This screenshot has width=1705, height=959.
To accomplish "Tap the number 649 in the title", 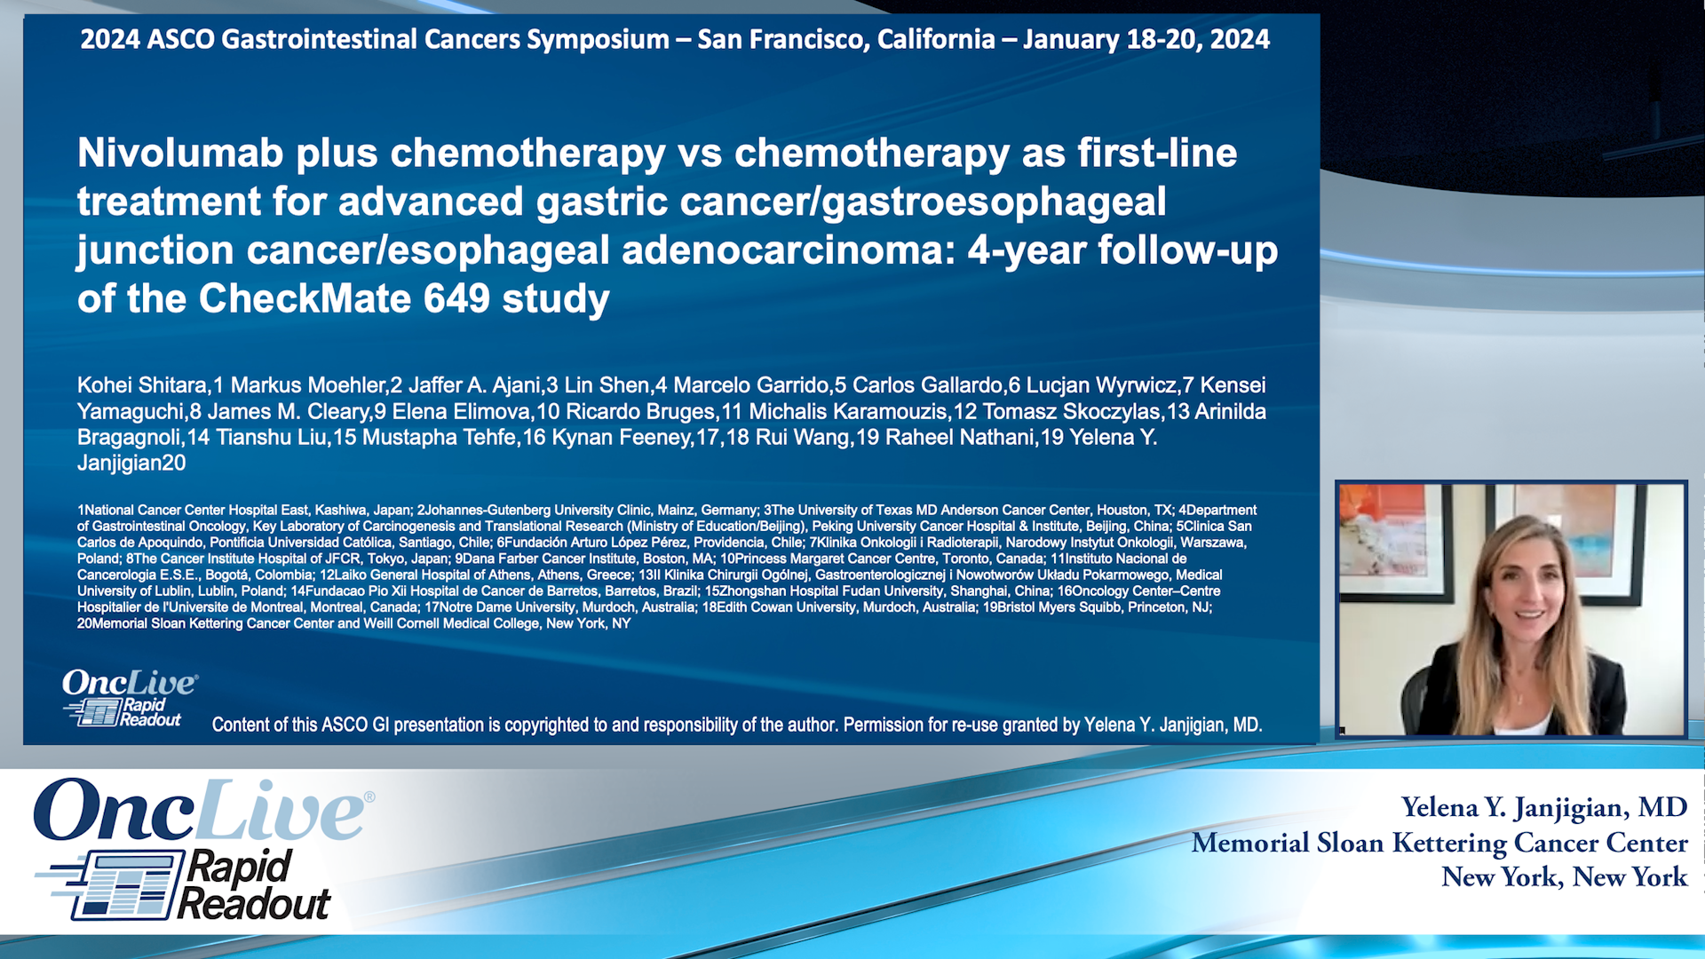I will pyautogui.click(x=456, y=298).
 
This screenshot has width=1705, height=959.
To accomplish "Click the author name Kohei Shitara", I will pyautogui.click(x=142, y=385).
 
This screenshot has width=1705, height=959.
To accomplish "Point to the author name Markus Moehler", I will pyautogui.click(x=307, y=385).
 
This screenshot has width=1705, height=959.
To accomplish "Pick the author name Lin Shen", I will pyautogui.click(x=607, y=385).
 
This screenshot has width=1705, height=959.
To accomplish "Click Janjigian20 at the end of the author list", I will pyautogui.click(x=131, y=463).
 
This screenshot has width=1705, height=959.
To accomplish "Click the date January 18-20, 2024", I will pyautogui.click(x=1146, y=39).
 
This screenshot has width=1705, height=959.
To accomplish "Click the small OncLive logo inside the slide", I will pyautogui.click(x=129, y=683).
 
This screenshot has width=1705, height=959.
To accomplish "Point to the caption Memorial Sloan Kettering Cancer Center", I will pyautogui.click(x=1439, y=843).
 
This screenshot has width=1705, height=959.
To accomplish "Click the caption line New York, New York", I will pyautogui.click(x=1564, y=877).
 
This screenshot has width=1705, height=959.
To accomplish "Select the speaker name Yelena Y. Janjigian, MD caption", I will pyautogui.click(x=1543, y=807).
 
